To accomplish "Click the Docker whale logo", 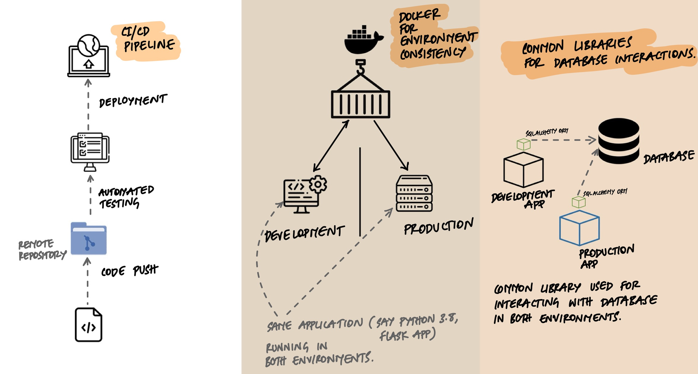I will [363, 40].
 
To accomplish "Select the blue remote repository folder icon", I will [88, 239].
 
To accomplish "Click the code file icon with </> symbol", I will [88, 325].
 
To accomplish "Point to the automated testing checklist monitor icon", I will [90, 150].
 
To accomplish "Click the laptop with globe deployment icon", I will [89, 56].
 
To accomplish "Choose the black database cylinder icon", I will [618, 141].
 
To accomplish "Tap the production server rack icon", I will [414, 193].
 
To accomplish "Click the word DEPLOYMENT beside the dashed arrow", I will [133, 101].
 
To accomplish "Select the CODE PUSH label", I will [130, 271].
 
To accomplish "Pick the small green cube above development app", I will [523, 144].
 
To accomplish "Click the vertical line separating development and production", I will [360, 191].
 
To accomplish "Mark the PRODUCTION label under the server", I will [438, 227].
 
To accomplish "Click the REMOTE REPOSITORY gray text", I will [42, 250].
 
